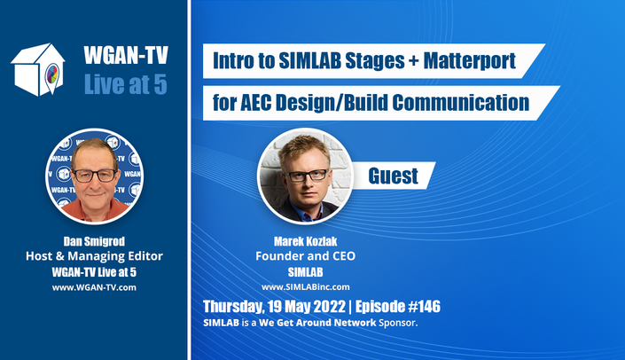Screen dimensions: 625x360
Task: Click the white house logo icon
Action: click(37, 70)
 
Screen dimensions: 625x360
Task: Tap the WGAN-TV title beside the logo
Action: click(126, 55)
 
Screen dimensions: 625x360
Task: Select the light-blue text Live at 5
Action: click(126, 84)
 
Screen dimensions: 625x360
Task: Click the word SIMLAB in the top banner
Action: click(309, 60)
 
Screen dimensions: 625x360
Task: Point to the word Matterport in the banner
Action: click(470, 60)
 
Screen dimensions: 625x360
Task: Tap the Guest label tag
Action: click(393, 176)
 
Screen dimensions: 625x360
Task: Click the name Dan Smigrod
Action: click(94, 241)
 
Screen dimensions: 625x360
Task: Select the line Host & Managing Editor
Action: click(94, 256)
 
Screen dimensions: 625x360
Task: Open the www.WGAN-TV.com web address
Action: click(94, 287)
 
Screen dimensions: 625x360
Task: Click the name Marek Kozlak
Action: click(305, 241)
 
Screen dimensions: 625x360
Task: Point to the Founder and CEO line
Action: click(305, 256)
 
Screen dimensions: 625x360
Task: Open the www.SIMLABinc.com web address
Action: click(305, 287)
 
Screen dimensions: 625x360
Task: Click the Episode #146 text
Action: click(398, 307)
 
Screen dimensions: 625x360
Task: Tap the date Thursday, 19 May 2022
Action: click(274, 307)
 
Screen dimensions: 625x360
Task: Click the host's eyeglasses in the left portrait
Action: click(95, 176)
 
